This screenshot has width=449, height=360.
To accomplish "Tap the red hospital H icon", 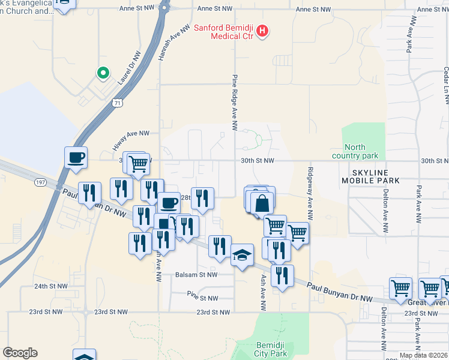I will [262, 32].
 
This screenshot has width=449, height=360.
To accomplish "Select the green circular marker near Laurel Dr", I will [103, 73].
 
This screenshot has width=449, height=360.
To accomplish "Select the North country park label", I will [362, 152].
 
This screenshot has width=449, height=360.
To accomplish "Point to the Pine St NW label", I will [202, 297].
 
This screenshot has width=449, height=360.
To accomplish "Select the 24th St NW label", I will [49, 287].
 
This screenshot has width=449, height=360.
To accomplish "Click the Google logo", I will [20, 353].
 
